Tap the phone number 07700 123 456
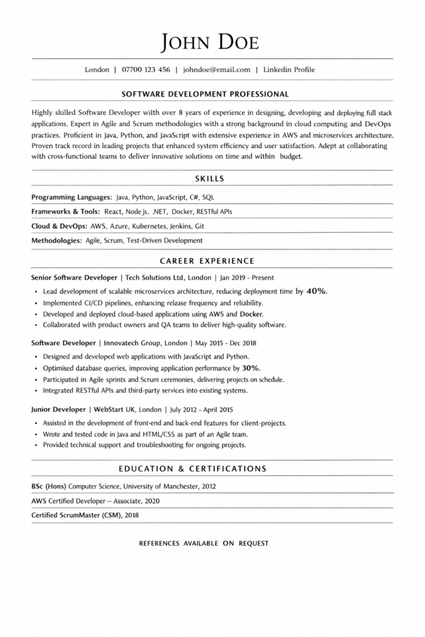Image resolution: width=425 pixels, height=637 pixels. click(146, 70)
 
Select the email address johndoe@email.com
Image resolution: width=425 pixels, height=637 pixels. click(217, 70)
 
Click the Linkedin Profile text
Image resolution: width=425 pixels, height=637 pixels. click(289, 70)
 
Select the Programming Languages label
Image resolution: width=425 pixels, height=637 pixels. click(71, 197)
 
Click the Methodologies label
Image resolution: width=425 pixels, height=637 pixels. click(56, 240)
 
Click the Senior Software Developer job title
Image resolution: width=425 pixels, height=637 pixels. click(74, 277)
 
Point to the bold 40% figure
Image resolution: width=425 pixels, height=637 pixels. click(317, 291)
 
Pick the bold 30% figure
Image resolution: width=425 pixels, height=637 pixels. click(251, 368)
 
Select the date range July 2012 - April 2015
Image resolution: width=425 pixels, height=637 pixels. click(200, 410)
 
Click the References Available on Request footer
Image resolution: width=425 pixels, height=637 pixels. click(203, 543)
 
